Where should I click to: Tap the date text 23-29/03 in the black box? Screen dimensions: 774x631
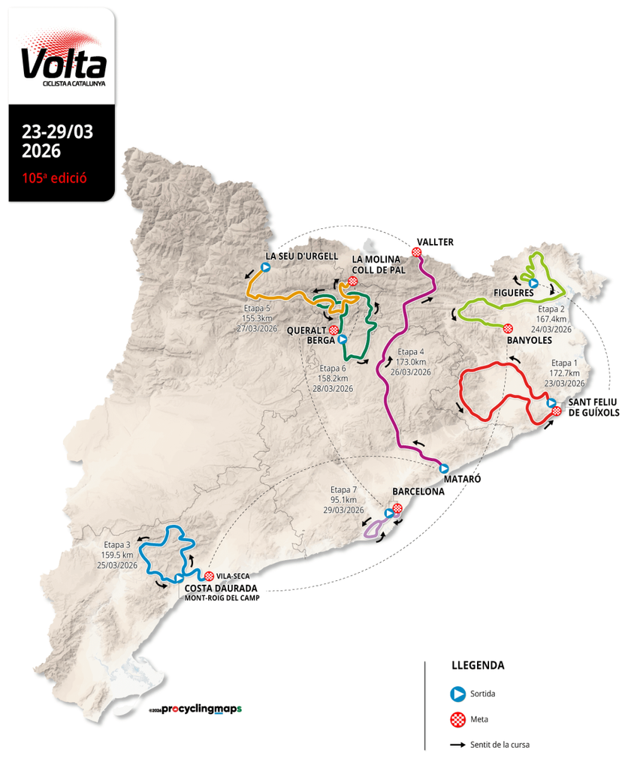(x=57, y=131)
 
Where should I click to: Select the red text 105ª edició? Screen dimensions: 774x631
(x=55, y=179)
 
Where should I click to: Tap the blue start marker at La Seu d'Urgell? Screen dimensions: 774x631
(x=265, y=267)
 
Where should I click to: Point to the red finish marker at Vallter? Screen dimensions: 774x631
(x=416, y=252)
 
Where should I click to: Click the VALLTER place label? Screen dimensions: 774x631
(x=436, y=241)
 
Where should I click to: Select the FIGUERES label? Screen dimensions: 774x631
(x=514, y=292)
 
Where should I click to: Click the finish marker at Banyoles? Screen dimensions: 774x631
(x=508, y=328)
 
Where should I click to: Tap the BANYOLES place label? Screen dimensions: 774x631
(x=530, y=340)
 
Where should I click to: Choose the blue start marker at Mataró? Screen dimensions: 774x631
(x=444, y=468)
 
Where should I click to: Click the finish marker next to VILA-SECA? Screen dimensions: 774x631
(x=209, y=576)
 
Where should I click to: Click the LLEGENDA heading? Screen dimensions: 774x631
(x=478, y=665)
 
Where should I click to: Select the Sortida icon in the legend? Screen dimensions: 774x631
(x=456, y=694)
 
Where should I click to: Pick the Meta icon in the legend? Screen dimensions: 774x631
(x=456, y=719)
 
